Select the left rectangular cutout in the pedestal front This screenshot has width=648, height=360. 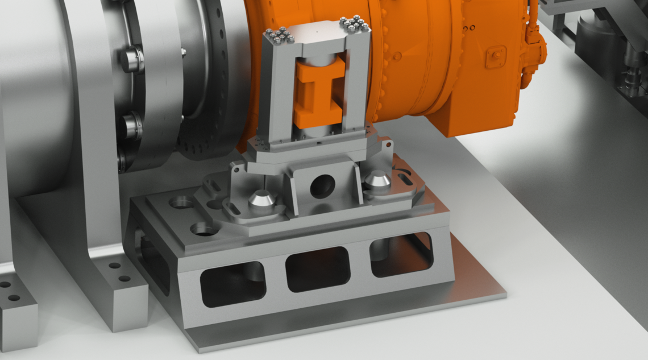pos(233,283)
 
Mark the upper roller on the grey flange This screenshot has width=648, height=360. pos(131,59)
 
